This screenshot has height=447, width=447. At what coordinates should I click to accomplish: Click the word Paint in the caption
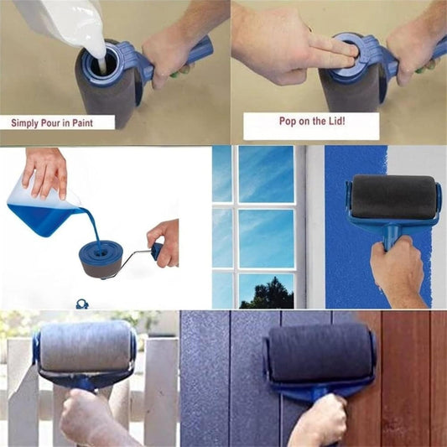point(82,123)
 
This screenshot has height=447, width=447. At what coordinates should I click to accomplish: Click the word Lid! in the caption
point(335,121)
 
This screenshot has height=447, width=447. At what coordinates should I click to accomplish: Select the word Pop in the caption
point(286,121)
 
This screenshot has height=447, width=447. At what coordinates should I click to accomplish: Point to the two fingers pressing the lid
point(334,53)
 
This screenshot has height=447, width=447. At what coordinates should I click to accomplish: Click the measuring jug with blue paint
point(43,211)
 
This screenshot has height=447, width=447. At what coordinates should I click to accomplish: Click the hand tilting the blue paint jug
point(45,173)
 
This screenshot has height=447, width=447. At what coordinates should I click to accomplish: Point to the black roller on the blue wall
point(393,197)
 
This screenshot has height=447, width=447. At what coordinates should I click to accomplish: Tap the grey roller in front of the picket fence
point(86,346)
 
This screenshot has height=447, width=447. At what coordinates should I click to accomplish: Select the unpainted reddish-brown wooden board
point(405,379)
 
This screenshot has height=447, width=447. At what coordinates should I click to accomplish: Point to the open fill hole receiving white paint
point(102,64)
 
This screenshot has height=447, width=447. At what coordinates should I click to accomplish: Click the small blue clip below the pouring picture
point(82,304)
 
